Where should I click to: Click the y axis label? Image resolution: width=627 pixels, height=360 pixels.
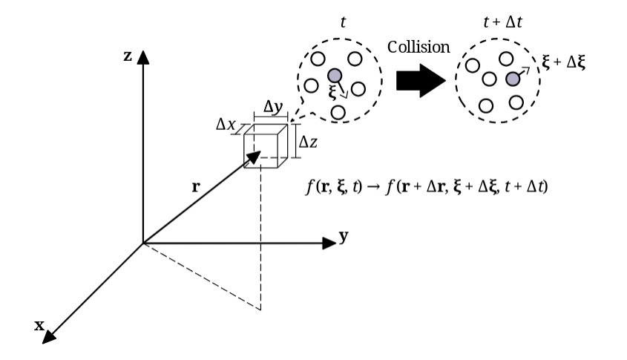tap(344, 238)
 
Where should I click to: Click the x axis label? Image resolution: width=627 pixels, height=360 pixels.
tap(39, 324)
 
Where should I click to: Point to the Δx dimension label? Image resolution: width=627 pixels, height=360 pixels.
tap(225, 123)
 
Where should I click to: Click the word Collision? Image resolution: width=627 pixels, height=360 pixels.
tap(419, 47)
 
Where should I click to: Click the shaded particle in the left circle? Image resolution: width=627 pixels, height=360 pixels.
tap(334, 76)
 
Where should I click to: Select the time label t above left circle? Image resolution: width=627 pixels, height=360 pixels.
tap(342, 23)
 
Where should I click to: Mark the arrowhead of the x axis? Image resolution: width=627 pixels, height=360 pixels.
tap(48, 338)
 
